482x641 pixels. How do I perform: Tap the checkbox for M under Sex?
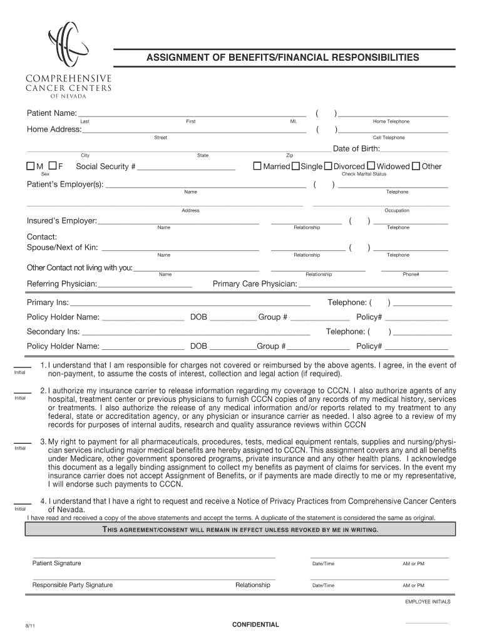point(30,166)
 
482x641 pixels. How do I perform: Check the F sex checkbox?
point(53,166)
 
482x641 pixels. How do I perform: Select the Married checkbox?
point(257,166)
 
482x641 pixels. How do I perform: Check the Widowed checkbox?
point(371,166)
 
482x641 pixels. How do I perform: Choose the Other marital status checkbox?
point(416,166)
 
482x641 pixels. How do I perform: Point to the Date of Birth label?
point(356,148)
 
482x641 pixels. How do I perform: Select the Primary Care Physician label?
point(255,284)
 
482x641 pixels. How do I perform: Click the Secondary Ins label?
point(53,331)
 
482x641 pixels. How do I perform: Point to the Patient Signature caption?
point(56,563)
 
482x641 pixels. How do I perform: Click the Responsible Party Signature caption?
point(73,585)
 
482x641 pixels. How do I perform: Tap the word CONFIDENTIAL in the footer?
point(255,625)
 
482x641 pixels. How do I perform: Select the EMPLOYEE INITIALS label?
point(428,602)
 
